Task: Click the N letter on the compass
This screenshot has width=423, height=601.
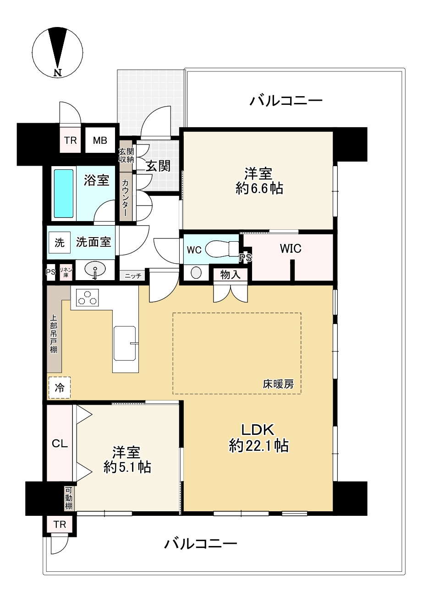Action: point(58,72)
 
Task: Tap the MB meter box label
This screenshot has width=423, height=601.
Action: point(100,140)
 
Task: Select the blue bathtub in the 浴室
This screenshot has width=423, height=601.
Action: point(64,193)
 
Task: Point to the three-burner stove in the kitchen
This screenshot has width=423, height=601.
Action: point(87,298)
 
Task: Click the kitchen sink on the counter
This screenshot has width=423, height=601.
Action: point(125,343)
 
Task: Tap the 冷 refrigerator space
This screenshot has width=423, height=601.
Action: point(60,387)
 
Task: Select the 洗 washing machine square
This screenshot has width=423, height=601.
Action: point(60,243)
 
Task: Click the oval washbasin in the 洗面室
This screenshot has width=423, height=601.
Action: point(95,269)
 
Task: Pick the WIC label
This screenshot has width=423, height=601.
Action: point(291,249)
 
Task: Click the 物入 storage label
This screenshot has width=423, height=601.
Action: point(230,275)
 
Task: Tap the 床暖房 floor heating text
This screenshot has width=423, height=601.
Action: point(278,384)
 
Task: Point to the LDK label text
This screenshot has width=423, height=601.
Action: point(258,429)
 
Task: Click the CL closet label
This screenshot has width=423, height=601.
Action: point(60,444)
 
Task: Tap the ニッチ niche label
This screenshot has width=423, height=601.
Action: point(132,276)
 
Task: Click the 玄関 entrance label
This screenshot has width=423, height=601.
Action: point(158,166)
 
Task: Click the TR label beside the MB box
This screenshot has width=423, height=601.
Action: point(71,140)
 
